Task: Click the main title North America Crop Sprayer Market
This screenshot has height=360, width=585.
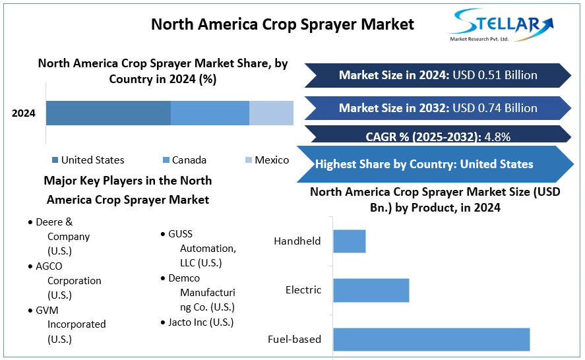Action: (282, 24)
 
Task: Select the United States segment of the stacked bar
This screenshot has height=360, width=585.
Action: (108, 113)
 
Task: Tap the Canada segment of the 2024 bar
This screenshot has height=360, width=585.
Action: (210, 113)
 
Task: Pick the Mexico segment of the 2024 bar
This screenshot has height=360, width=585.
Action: (271, 113)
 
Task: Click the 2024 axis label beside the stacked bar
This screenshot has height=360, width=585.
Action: (24, 113)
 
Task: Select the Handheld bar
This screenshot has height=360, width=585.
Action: (349, 241)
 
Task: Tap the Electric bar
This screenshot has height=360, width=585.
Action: (371, 290)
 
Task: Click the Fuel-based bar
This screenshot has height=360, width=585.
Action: (431, 339)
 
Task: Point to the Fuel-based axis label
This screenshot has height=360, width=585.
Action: (294, 340)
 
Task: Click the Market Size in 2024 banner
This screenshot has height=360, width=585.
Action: (438, 75)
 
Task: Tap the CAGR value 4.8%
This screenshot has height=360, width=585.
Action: (497, 137)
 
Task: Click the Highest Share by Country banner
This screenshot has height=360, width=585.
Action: (425, 164)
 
